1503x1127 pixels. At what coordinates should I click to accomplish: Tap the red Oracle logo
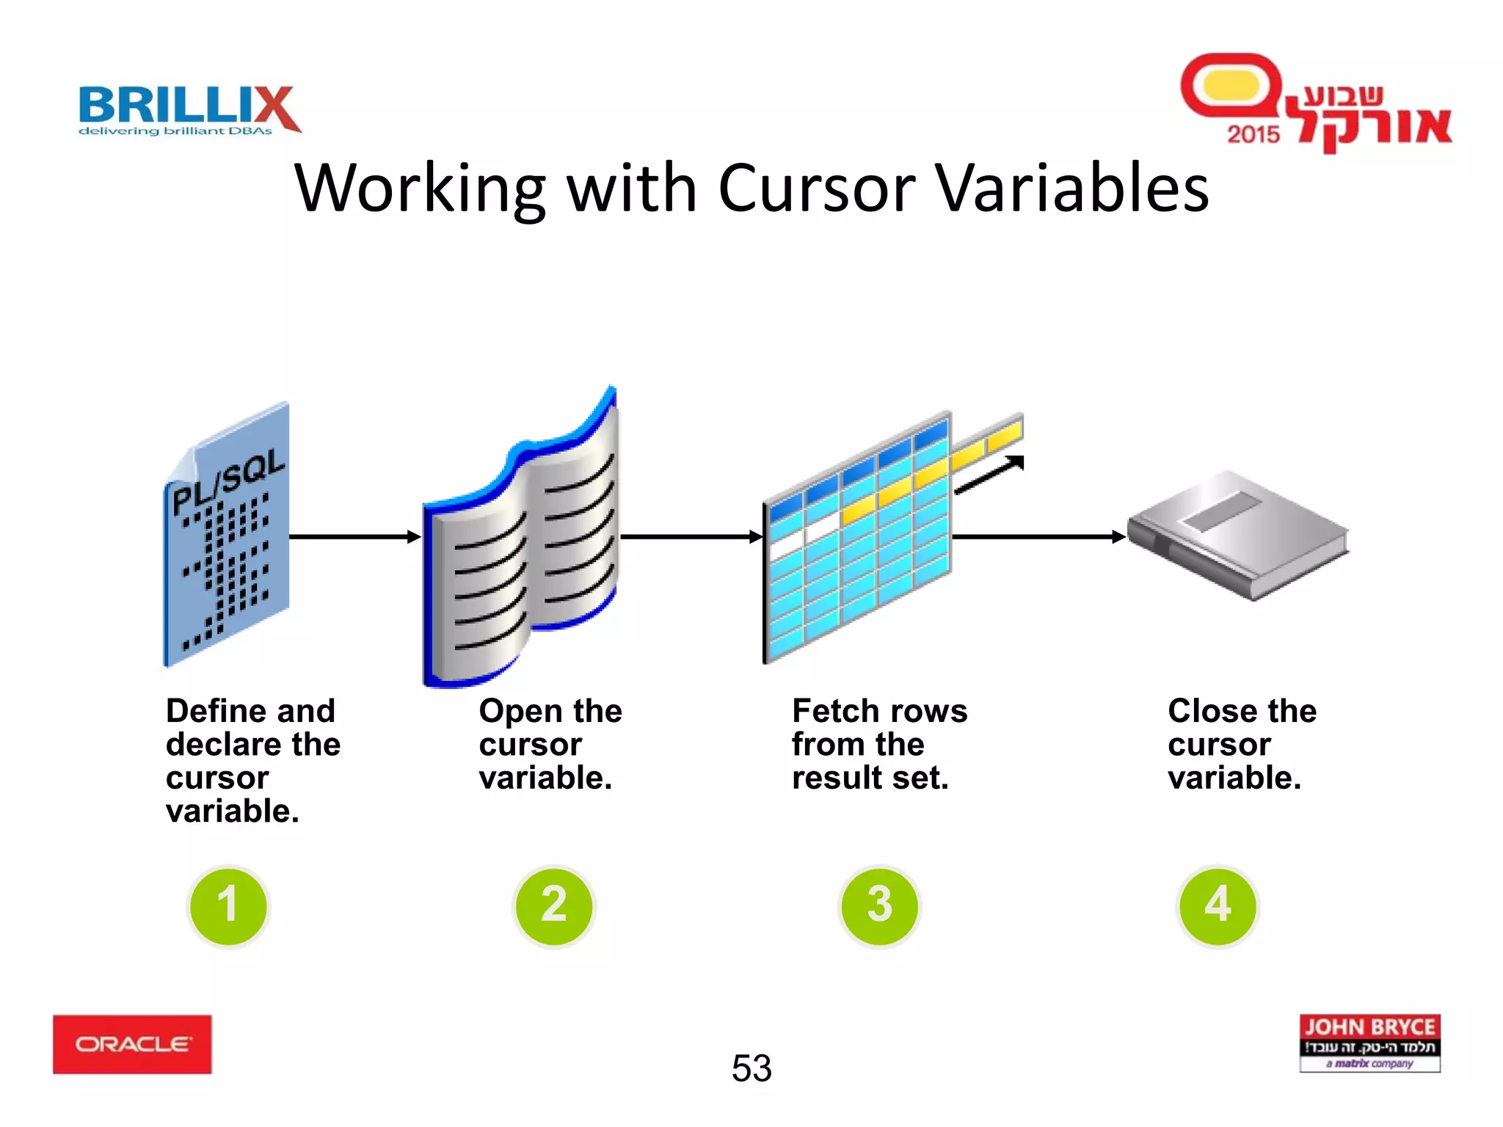click(132, 1044)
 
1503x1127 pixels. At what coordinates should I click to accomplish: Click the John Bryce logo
click(1369, 1043)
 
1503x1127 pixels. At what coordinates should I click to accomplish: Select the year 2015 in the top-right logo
click(1253, 134)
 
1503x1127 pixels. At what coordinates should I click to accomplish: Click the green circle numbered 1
click(228, 905)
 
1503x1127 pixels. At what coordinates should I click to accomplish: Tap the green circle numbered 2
click(554, 905)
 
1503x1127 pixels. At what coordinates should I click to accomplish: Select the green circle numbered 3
click(879, 905)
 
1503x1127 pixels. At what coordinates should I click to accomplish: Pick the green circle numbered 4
click(1218, 905)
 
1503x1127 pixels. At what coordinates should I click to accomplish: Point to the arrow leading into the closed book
click(1038, 537)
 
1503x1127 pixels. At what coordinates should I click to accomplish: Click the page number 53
click(751, 1068)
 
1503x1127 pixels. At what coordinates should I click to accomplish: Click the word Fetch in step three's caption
click(835, 711)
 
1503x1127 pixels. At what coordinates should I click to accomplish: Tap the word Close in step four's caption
click(1211, 711)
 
